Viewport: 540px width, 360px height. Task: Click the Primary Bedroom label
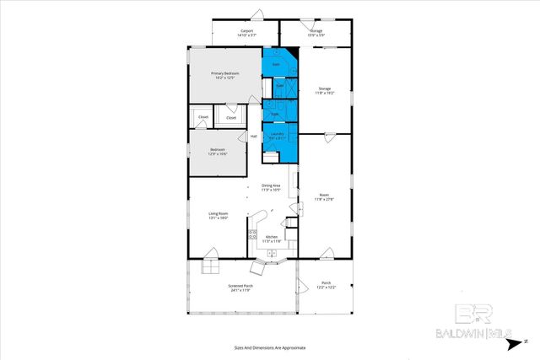224,75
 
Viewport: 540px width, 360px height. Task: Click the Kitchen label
272,238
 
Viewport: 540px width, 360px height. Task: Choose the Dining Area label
271,187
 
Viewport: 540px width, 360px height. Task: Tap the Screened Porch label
240,287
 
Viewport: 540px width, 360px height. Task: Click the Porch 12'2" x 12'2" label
326,284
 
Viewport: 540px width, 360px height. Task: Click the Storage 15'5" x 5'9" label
316,31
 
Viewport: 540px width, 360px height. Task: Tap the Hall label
253,136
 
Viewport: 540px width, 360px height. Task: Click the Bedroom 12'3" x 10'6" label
218,153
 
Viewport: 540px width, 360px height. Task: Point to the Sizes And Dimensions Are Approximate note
269,347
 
